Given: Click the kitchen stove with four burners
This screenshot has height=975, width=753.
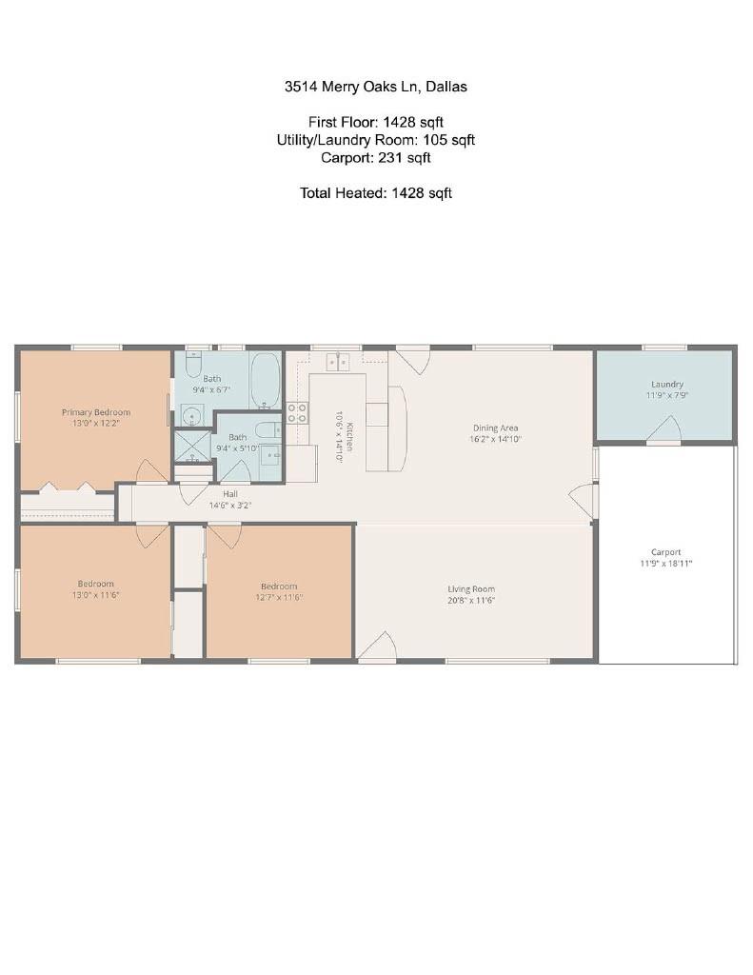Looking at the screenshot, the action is tap(297, 413).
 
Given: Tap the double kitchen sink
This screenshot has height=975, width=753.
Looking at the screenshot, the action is tap(338, 362).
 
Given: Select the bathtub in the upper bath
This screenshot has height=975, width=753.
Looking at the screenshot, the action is tap(266, 381).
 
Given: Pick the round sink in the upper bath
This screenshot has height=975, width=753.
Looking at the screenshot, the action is tap(192, 415).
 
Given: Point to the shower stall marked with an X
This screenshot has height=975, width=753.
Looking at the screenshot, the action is tap(193, 445).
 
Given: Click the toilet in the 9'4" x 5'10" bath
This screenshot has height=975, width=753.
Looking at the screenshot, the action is tap(269, 429).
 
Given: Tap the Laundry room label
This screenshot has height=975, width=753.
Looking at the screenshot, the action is tap(667, 385).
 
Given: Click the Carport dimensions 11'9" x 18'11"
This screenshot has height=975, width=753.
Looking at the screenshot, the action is tap(666, 564).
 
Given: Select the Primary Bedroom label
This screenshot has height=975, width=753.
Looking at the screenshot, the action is tap(96, 412).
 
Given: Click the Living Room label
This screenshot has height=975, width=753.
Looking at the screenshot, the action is tap(471, 588).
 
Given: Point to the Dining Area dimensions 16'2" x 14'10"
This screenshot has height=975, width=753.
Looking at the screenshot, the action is tap(495, 439).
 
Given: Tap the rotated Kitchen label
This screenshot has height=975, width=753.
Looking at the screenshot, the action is tap(350, 436).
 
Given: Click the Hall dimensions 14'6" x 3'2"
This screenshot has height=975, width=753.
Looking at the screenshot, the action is tap(230, 506).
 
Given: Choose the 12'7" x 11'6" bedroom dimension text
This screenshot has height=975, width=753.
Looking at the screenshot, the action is tap(279, 598).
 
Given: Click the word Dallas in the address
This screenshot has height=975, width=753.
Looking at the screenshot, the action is tap(446, 87).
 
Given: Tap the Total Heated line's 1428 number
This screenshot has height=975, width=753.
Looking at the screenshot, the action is tap(407, 193).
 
